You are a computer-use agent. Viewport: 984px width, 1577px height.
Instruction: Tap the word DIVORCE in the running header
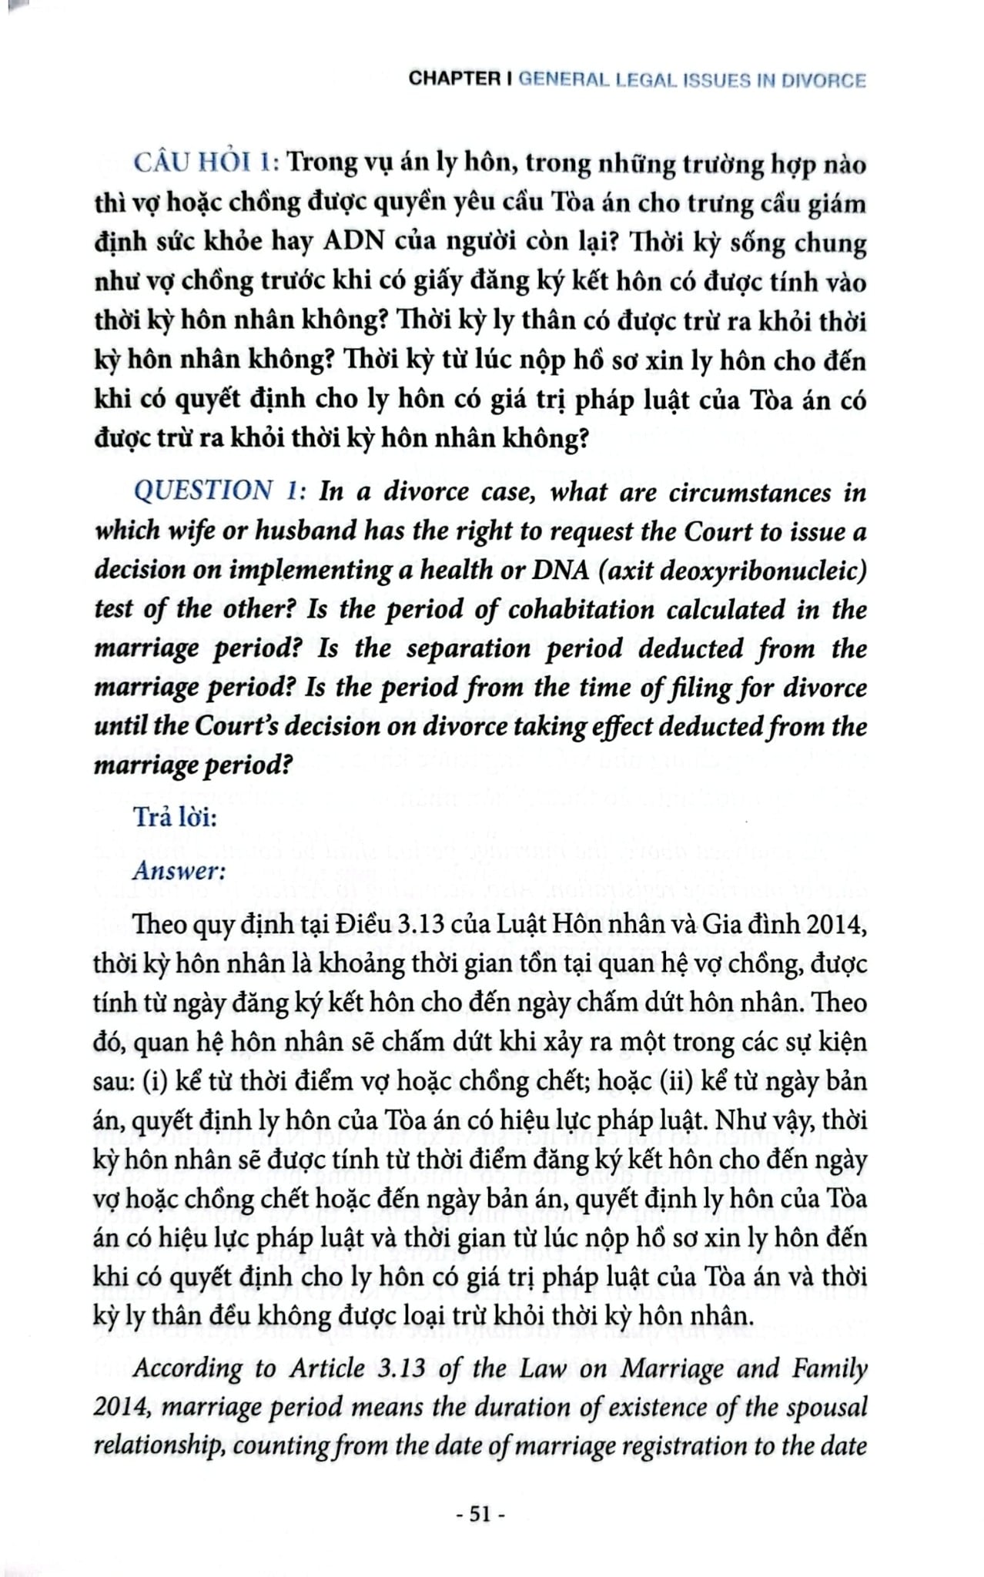pyautogui.click(x=824, y=81)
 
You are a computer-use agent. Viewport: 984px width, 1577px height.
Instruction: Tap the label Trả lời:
pyautogui.click(x=176, y=816)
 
